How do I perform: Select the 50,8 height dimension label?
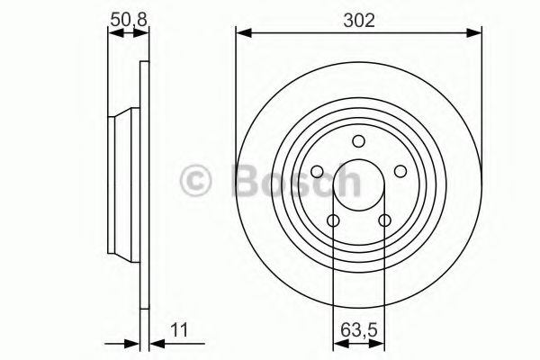point(127,18)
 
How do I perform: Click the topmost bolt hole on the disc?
point(358,140)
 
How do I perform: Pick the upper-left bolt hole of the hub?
point(317,172)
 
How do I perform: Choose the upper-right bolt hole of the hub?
point(400,172)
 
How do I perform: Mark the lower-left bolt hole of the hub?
point(333,221)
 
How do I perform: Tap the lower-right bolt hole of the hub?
point(384,221)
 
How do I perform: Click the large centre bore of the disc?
point(358,185)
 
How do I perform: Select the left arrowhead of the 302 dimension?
point(241,34)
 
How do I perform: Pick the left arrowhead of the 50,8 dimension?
point(112,34)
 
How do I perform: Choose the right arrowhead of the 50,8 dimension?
point(143,34)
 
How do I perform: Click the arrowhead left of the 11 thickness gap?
point(134,343)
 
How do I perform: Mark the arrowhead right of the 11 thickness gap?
point(153,343)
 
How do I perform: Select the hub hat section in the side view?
point(122,185)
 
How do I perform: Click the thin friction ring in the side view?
point(143,270)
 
